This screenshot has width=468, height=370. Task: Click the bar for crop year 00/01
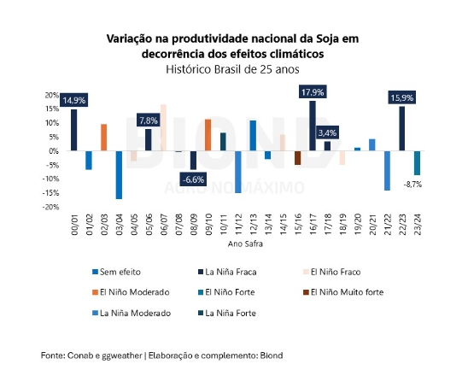coord(74,130)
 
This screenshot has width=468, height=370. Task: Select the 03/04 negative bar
coord(119,174)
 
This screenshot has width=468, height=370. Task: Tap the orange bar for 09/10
coord(208,135)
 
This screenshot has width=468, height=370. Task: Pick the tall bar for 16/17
coord(313,126)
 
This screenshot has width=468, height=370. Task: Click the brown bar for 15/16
coord(297,158)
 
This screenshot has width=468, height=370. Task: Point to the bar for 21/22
coord(387,171)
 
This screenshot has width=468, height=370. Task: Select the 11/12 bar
coord(238,172)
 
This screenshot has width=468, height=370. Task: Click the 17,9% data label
coord(313,92)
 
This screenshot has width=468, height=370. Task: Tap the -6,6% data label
coord(193,179)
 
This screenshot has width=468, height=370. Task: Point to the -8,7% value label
coord(412,185)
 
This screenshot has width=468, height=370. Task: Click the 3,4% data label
coord(327,132)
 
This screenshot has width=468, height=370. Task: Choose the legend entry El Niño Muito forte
coord(343,292)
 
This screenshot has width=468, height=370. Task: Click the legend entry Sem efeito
coord(116,272)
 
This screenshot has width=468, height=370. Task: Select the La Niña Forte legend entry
coord(227,314)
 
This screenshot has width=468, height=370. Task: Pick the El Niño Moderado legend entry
coord(131,292)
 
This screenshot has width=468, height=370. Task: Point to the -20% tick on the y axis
coord(50,207)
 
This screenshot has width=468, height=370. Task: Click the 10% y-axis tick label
coord(52,123)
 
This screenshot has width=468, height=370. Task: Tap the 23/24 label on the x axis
coord(418,224)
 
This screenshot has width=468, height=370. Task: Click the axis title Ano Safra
coord(245,244)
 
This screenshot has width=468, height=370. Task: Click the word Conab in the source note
coord(80,355)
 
